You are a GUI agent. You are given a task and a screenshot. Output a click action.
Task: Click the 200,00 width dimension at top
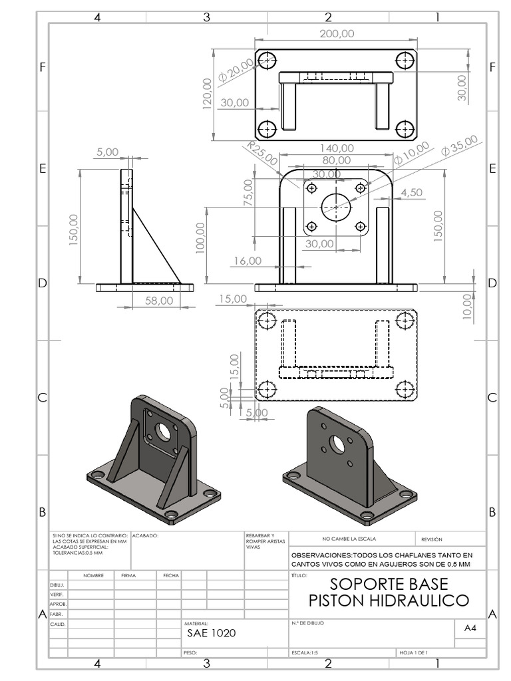click(x=337, y=34)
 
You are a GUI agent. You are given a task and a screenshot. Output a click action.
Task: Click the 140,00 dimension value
click(x=337, y=148)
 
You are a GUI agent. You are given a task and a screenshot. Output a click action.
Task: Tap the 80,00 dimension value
click(x=337, y=160)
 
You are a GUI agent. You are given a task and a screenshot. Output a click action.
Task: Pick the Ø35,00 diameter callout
click(x=459, y=146)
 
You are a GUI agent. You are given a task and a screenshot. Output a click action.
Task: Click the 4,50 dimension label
click(x=412, y=192)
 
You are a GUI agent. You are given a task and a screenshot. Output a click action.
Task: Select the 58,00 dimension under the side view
click(x=159, y=301)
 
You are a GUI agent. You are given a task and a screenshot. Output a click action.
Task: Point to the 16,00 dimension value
click(x=247, y=261)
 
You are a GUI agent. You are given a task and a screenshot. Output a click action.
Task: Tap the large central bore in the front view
click(x=336, y=207)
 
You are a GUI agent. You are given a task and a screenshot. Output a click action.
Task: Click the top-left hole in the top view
click(x=267, y=60)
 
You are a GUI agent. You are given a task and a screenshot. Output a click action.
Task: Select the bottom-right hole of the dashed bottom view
click(x=405, y=388)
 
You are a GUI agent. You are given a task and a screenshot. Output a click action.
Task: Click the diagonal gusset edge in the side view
click(x=156, y=244)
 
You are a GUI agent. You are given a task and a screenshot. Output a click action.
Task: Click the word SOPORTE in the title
click(x=359, y=585)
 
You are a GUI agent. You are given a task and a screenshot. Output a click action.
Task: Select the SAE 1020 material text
click(x=212, y=633)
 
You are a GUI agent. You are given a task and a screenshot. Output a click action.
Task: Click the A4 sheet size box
click(x=470, y=628)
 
